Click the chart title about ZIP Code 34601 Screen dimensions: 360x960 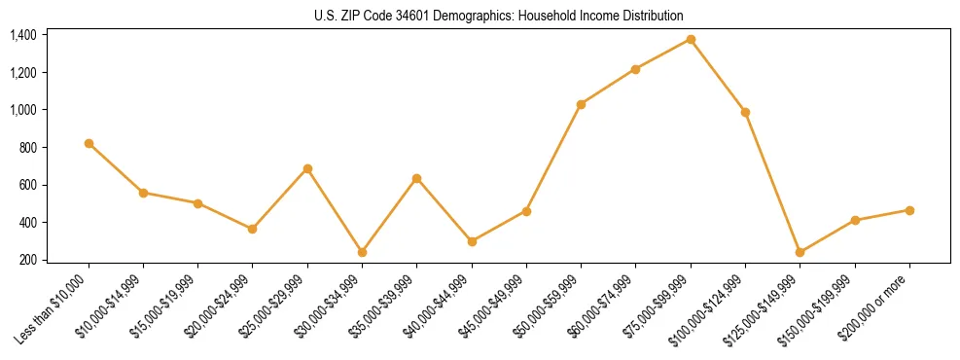pos(499,16)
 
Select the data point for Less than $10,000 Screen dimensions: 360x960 pos(89,143)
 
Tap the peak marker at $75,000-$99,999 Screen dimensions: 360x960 pos(691,39)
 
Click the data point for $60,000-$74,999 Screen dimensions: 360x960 pos(635,69)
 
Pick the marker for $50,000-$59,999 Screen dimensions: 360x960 pos(581,104)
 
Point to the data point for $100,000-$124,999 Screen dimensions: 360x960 pos(745,112)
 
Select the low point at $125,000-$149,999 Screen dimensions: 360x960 pos(800,252)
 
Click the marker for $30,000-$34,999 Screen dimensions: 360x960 pos(362,252)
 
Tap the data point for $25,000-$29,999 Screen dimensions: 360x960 pos(307,168)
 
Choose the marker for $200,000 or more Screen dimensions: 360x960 pos(909,210)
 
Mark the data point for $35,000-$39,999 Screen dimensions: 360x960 pos(416,178)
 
